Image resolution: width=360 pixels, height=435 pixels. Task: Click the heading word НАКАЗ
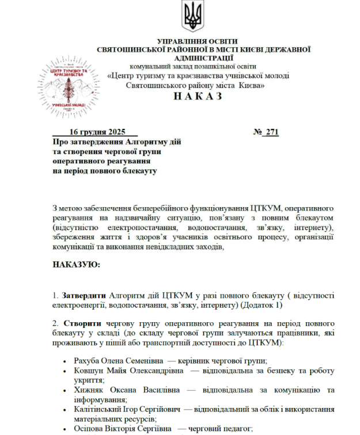(197, 96)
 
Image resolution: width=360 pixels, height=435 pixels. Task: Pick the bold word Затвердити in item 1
(84, 295)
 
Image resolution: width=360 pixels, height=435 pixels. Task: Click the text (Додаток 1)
(263, 304)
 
